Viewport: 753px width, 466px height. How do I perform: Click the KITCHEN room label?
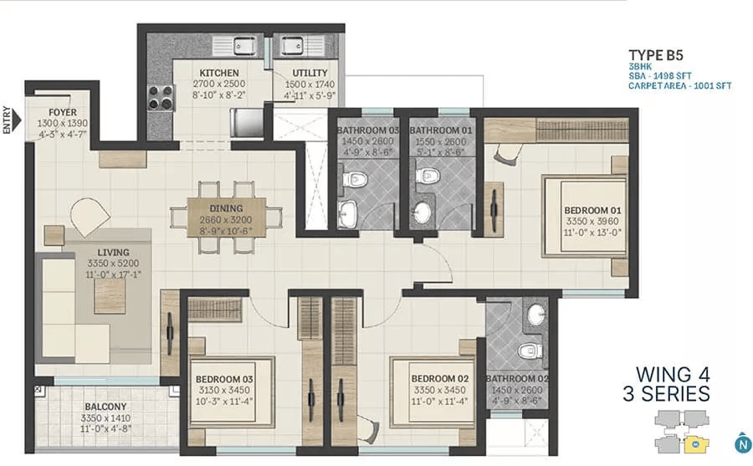pos(219,73)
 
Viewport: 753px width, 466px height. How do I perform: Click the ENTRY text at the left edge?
pos(8,120)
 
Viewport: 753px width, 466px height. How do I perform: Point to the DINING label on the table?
pos(226,208)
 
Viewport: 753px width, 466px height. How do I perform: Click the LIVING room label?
pos(113,252)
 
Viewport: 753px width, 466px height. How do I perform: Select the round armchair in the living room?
pos(89,215)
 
